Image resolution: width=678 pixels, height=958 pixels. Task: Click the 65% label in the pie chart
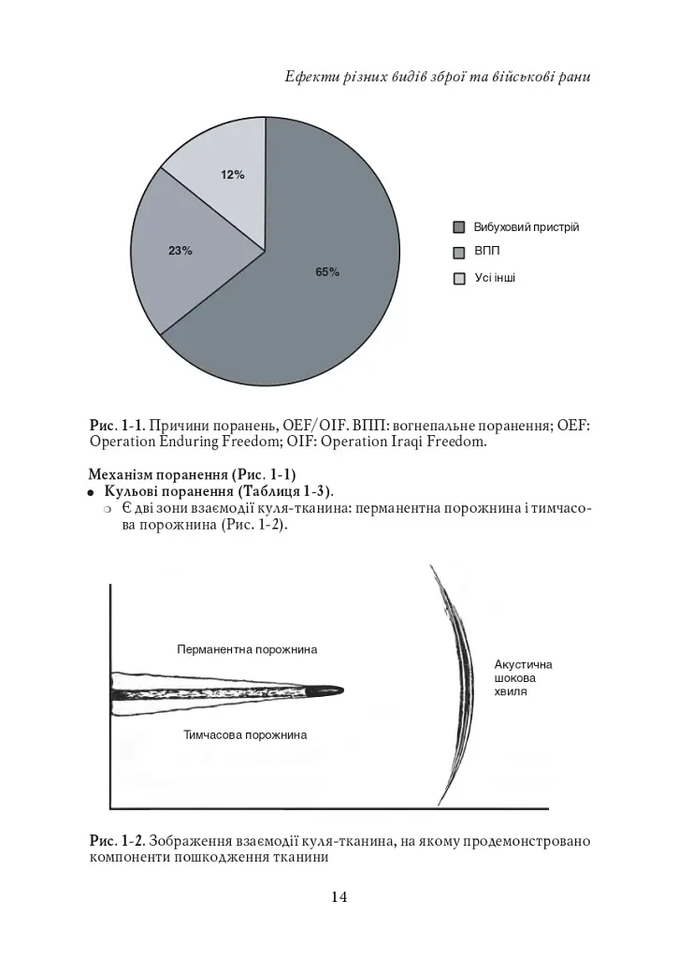pos(327,272)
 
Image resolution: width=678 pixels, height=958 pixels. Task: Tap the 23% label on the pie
pos(180,251)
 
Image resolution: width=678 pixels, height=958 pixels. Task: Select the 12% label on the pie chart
pos(233,175)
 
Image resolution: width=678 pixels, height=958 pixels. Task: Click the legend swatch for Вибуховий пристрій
pos(459,227)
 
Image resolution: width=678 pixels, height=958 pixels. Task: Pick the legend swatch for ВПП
pos(459,253)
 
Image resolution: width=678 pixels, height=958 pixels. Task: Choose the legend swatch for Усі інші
pos(459,278)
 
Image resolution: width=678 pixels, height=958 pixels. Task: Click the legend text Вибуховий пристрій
pos(527,227)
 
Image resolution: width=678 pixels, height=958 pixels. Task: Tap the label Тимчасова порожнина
pos(245,735)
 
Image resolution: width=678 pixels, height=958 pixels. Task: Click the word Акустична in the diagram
pos(523,664)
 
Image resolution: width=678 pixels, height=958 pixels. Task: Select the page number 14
pos(339,897)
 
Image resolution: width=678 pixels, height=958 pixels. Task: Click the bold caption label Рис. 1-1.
pos(117,425)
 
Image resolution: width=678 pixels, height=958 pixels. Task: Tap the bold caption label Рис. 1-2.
pos(117,841)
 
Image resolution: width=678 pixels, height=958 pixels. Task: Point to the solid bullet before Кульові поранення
pos(93,492)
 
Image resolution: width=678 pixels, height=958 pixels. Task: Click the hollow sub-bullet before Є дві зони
pos(108,509)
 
